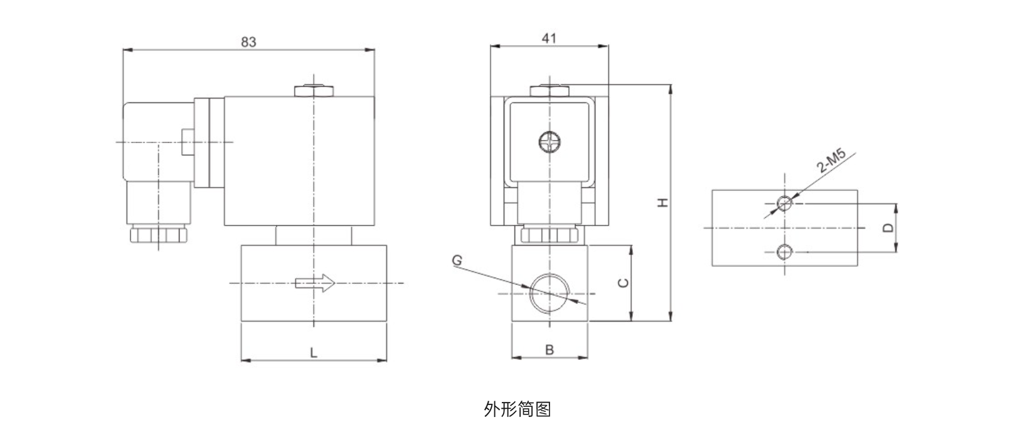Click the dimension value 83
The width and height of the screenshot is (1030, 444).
point(249,42)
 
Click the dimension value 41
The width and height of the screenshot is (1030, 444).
point(550,38)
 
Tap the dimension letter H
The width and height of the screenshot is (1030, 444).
point(662,202)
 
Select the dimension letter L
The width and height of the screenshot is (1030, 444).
point(314,352)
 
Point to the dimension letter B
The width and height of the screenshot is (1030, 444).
point(550,350)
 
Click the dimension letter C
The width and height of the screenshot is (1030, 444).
point(623,283)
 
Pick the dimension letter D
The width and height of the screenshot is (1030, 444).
point(887,227)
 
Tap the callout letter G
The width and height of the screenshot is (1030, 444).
point(457,259)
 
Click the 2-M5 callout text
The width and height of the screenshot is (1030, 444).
point(832,162)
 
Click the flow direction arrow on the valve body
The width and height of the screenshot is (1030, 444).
point(315,283)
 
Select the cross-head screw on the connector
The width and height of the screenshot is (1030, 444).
point(550,142)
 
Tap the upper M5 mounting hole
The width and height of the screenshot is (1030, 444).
point(784,203)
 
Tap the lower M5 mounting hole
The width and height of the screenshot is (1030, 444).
point(784,252)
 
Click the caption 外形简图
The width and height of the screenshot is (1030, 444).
point(518,409)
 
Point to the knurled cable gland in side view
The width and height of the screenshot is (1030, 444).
point(158,234)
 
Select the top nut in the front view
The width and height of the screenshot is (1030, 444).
point(550,90)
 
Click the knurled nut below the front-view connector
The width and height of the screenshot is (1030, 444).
point(550,236)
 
